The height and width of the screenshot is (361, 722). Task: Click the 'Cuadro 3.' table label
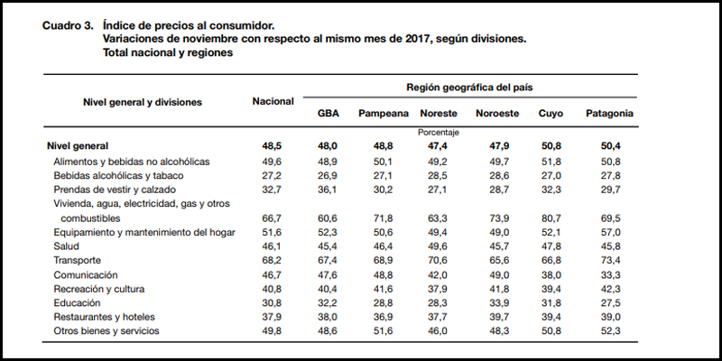(67, 26)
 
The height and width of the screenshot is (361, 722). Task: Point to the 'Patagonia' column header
(609, 114)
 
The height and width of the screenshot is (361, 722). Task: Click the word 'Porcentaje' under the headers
(439, 132)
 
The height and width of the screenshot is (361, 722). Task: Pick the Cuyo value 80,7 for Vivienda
(551, 218)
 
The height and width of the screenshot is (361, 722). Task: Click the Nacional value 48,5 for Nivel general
(273, 146)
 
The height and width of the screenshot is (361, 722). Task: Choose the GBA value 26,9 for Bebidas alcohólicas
(328, 175)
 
